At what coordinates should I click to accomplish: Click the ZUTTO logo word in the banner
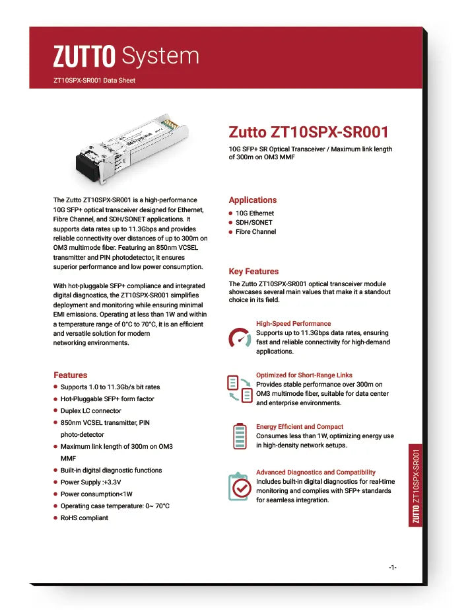coord(84,56)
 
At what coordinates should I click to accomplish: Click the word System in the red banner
coord(160,56)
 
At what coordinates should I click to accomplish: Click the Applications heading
coord(253,200)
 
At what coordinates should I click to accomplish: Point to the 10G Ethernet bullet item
coord(254,213)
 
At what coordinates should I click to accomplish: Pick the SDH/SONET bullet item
coord(253,223)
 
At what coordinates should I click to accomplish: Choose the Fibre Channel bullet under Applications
coord(255,232)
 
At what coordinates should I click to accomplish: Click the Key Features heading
coord(253,271)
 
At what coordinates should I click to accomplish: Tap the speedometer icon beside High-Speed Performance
coord(239,338)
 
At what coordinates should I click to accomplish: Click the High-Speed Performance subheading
coord(293,324)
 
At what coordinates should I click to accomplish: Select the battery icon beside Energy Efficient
coord(239,436)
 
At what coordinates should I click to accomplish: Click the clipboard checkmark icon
coord(239,486)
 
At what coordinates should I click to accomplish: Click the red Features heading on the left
coord(70,375)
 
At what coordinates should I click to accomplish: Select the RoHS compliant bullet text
coord(84,518)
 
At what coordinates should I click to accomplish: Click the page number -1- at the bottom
coord(392,568)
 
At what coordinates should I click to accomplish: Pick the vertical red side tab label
coord(416,486)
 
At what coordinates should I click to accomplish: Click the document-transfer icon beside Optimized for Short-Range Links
coord(239,389)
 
